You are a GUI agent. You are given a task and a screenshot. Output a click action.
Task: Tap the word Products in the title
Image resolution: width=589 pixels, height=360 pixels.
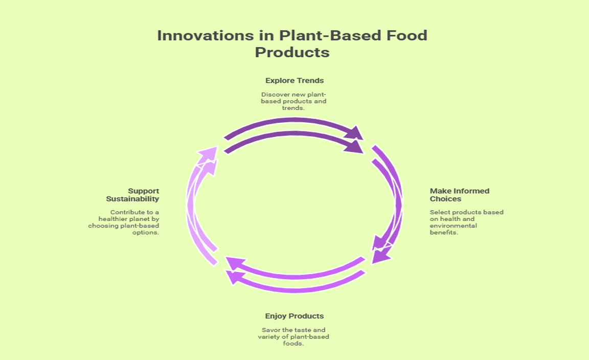pyautogui.click(x=292, y=53)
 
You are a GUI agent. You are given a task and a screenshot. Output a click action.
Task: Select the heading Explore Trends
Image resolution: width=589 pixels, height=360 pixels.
pyautogui.click(x=294, y=80)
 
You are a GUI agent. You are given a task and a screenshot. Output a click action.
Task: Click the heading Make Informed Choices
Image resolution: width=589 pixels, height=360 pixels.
pyautogui.click(x=459, y=195)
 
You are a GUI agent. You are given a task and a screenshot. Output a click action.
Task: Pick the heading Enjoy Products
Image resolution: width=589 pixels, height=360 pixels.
pyautogui.click(x=294, y=316)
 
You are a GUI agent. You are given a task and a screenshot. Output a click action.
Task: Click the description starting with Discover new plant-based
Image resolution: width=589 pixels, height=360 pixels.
pyautogui.click(x=294, y=101)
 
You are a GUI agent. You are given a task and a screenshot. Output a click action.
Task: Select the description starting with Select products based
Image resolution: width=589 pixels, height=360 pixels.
pyautogui.click(x=466, y=222)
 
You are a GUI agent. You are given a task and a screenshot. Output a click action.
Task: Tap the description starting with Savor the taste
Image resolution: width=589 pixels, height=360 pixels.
pyautogui.click(x=294, y=336)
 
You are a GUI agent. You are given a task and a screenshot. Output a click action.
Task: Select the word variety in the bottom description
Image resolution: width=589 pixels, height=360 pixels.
pyautogui.click(x=271, y=336)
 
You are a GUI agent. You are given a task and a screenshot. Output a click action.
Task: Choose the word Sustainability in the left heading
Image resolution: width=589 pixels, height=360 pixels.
pyautogui.click(x=133, y=198)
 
